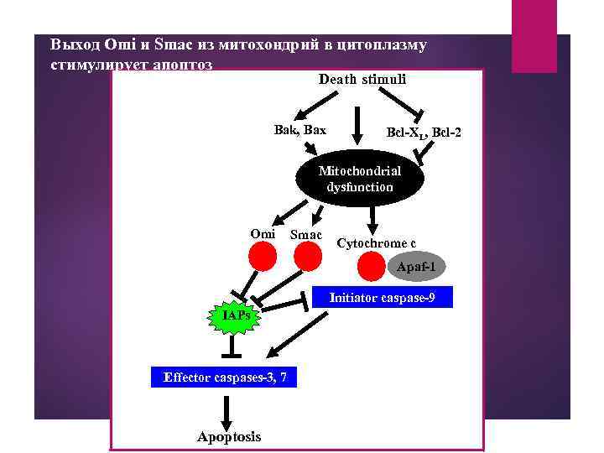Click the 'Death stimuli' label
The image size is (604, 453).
click(x=362, y=80)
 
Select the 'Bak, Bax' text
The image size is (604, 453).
click(x=299, y=130)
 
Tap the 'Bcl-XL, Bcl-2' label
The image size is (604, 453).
click(x=423, y=133)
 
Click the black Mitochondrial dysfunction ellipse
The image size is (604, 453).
click(x=360, y=179)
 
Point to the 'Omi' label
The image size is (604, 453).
click(x=263, y=233)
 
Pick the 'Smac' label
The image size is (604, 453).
click(x=305, y=234)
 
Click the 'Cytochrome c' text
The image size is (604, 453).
click(x=376, y=243)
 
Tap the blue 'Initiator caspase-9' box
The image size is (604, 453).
click(x=382, y=297)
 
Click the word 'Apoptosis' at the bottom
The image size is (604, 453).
click(x=228, y=437)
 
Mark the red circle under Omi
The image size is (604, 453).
click(x=263, y=257)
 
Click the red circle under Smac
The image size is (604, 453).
click(x=308, y=257)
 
